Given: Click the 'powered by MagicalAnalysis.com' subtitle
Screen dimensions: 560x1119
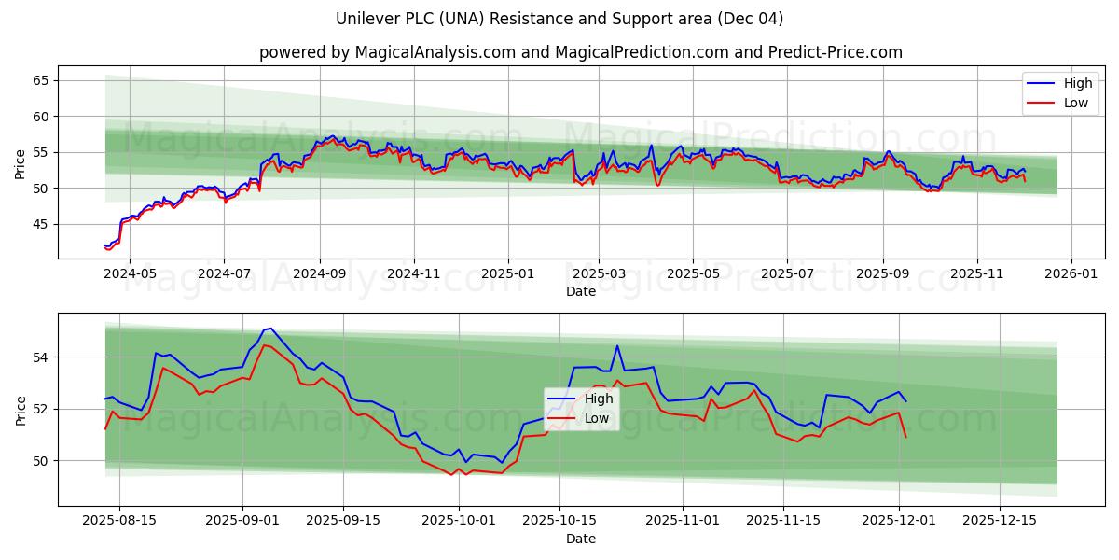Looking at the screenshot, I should coord(580,52).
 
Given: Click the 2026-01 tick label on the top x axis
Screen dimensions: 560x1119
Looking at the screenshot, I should coord(1071,273).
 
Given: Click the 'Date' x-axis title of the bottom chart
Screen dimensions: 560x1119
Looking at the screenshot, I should coord(580,539).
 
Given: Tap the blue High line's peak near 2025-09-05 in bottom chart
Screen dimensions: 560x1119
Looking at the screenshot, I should coord(270,329).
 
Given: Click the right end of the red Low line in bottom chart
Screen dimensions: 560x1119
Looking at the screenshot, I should coord(905,437).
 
